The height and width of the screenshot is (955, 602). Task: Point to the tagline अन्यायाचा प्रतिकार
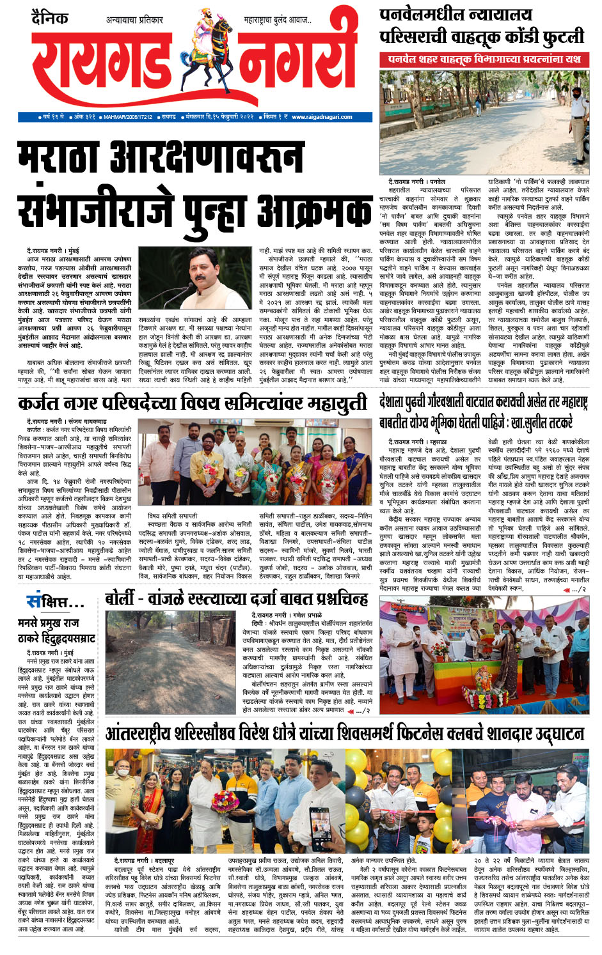(x=134, y=20)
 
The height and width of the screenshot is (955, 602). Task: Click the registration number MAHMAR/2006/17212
(x=128, y=117)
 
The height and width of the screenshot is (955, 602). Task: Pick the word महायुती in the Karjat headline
(x=334, y=403)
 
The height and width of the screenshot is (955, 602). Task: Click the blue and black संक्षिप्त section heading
(x=54, y=602)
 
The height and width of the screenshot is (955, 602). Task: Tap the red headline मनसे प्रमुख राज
(x=49, y=623)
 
